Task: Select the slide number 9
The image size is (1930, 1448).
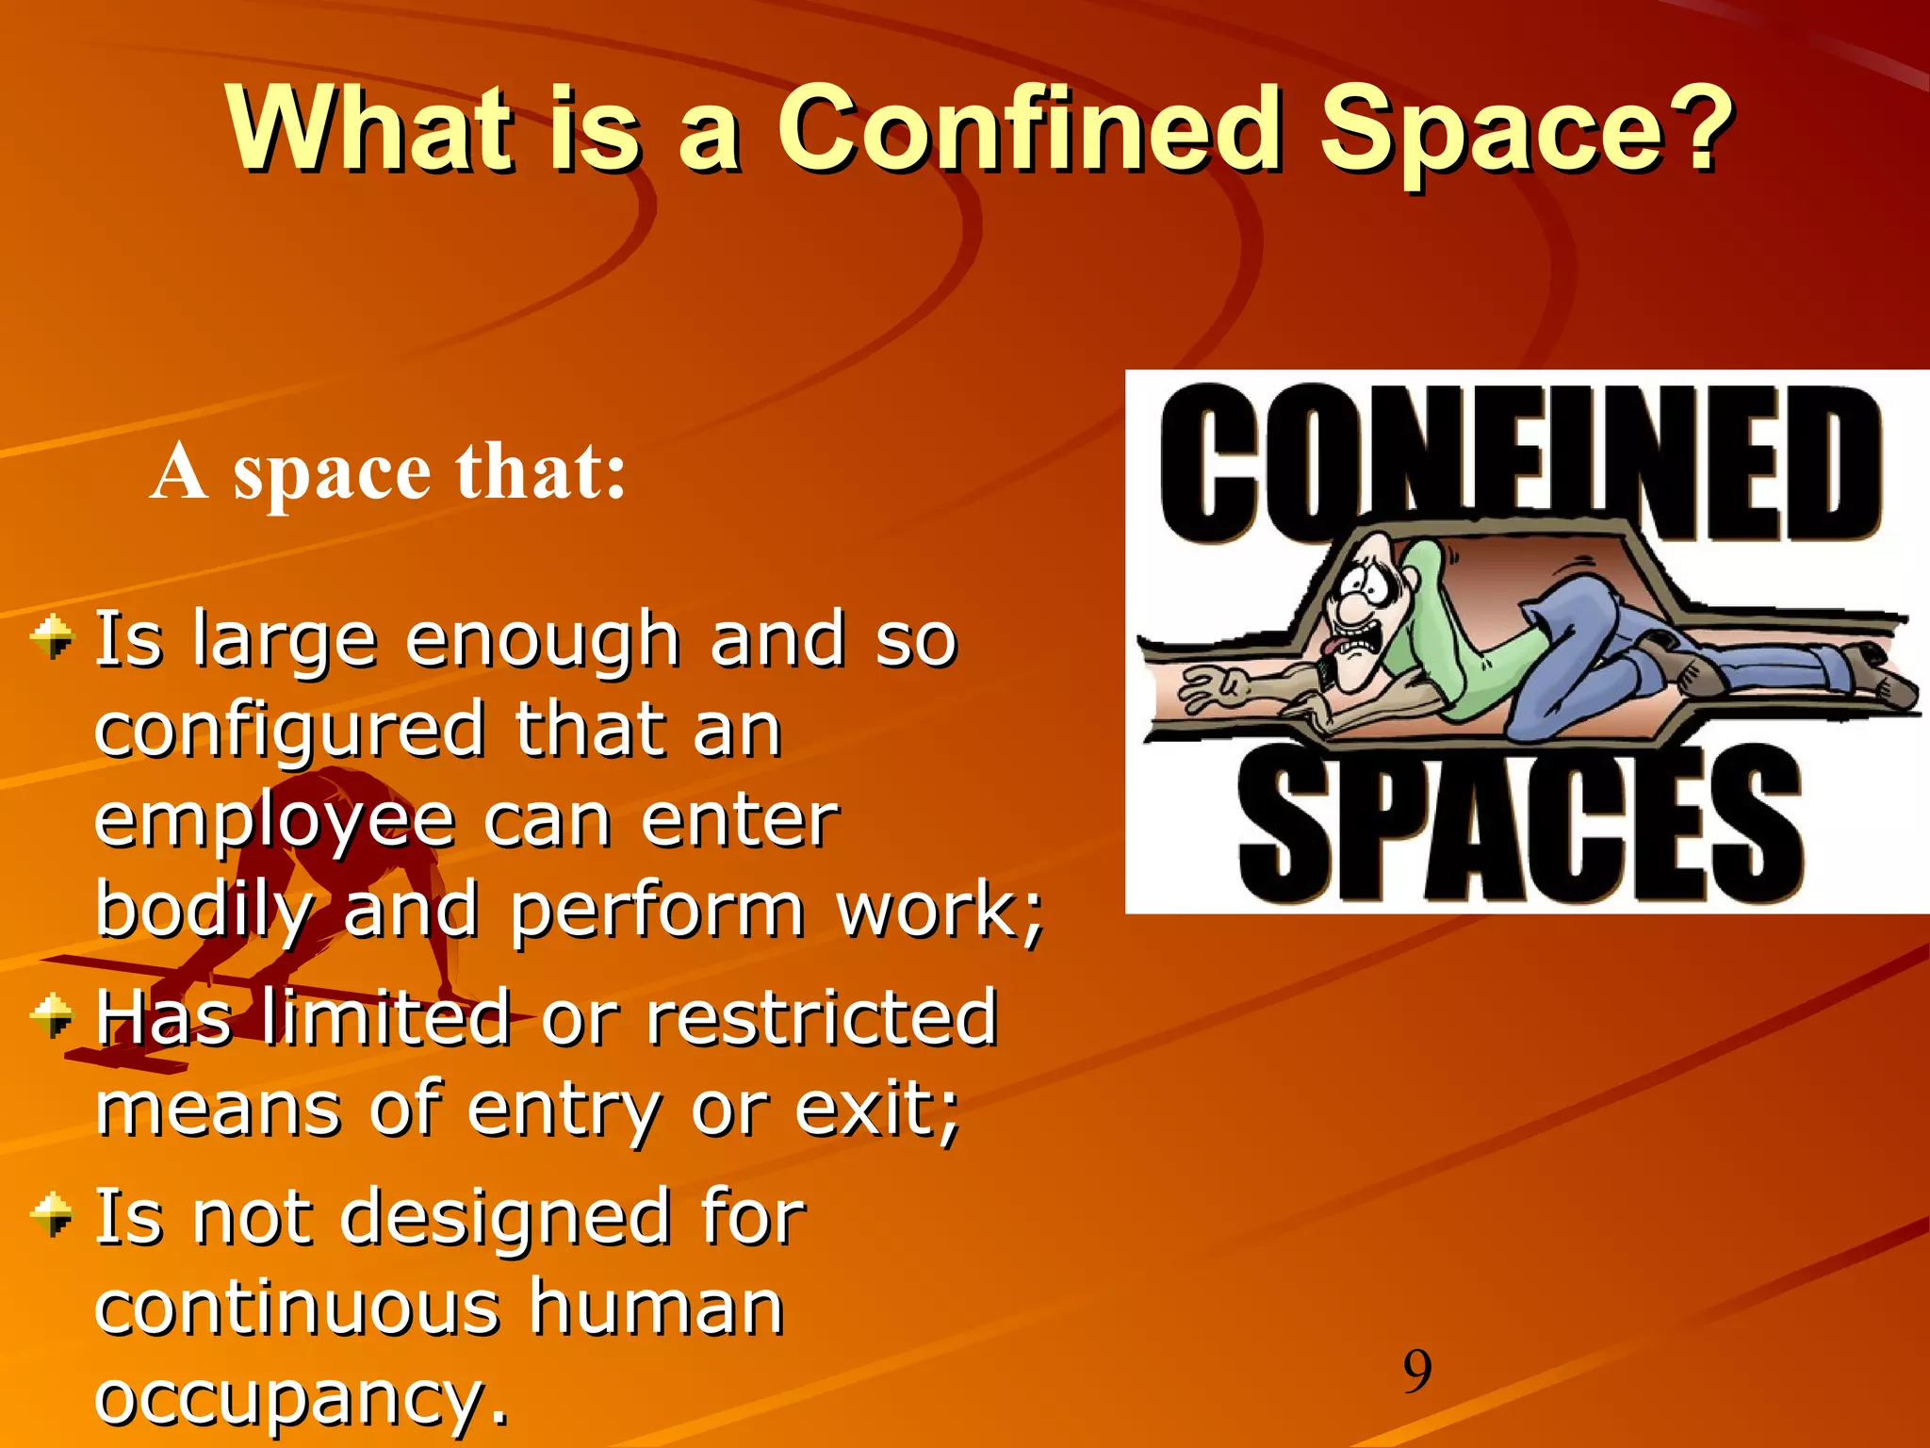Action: point(1416,1372)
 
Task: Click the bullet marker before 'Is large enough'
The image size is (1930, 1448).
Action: point(52,637)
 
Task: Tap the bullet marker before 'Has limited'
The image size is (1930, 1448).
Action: point(52,1016)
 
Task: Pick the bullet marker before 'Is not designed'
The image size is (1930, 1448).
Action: point(52,1215)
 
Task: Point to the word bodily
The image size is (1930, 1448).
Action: point(203,911)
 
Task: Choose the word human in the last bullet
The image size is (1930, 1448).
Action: point(656,1308)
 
